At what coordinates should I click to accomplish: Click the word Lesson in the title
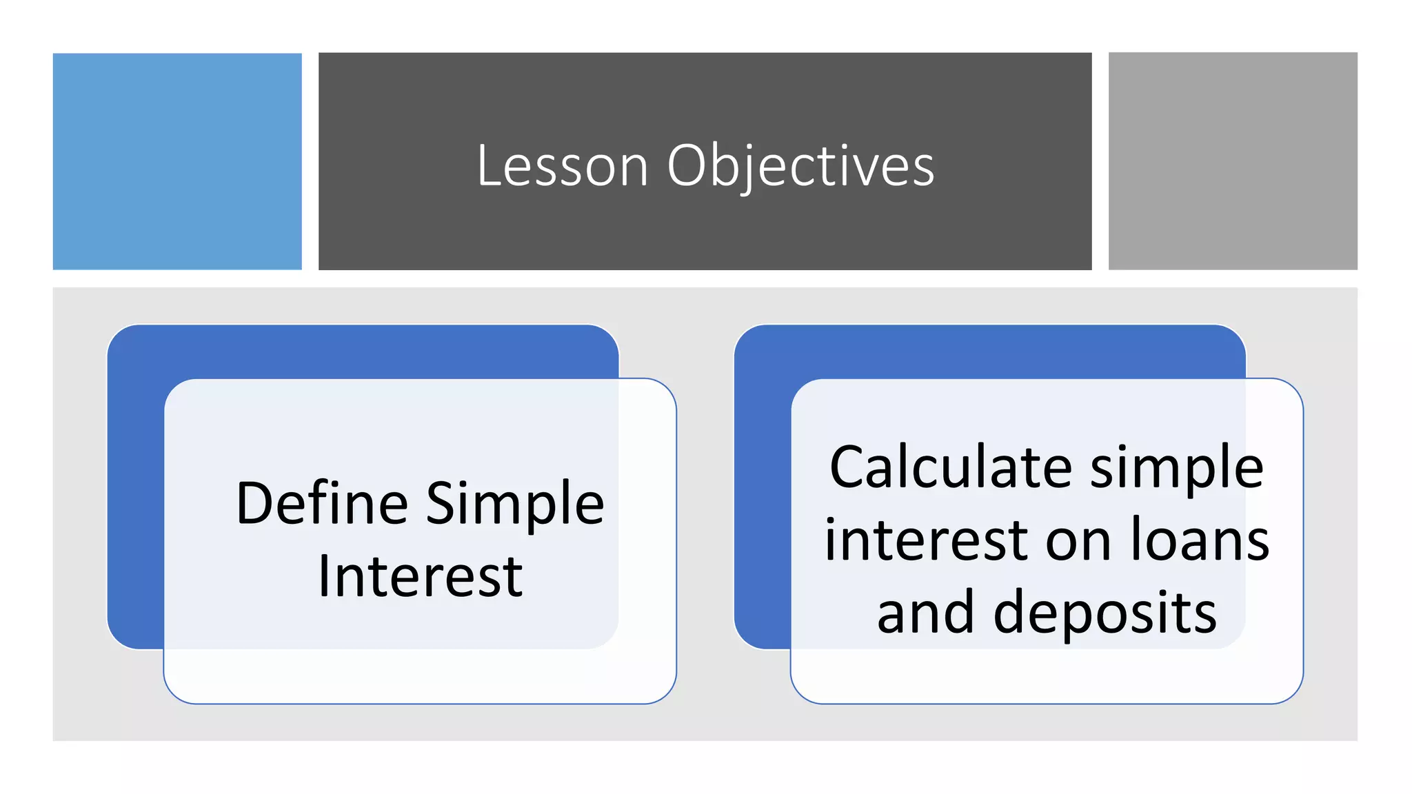(x=562, y=166)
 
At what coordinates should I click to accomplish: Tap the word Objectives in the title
(x=800, y=166)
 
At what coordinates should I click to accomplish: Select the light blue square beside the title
(x=177, y=161)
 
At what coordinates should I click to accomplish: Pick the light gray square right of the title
(x=1233, y=161)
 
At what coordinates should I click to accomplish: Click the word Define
(x=322, y=504)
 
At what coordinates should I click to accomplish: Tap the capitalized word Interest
(x=420, y=576)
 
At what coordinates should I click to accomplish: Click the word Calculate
(x=951, y=468)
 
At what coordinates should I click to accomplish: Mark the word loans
(x=1200, y=540)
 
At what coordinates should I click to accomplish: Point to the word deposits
(x=1105, y=613)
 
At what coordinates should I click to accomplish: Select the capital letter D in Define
(x=255, y=504)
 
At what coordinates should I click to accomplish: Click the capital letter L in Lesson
(x=489, y=166)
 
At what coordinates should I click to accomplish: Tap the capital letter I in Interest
(x=324, y=576)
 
